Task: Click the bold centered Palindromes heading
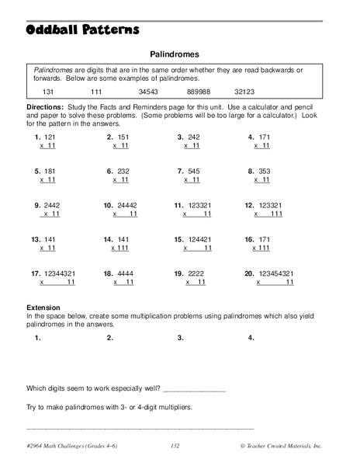tap(175, 55)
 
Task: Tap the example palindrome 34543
tap(161, 91)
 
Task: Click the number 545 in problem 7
tap(194, 171)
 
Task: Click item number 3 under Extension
tap(181, 338)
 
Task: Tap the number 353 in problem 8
tap(265, 171)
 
